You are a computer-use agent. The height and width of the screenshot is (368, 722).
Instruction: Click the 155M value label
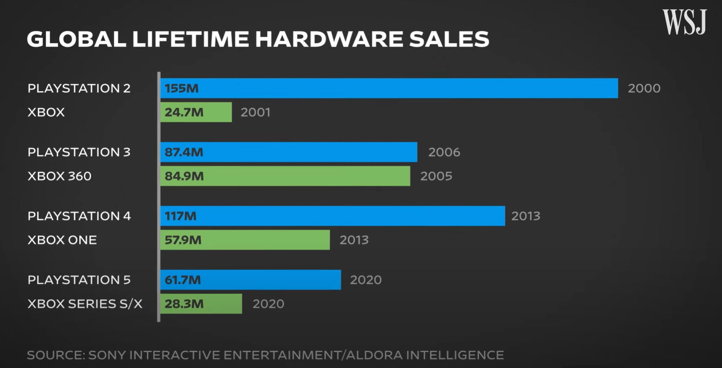pyautogui.click(x=182, y=88)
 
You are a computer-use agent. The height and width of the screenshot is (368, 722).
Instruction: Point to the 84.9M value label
pyautogui.click(x=184, y=176)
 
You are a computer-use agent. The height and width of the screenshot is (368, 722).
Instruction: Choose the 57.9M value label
pyautogui.click(x=183, y=240)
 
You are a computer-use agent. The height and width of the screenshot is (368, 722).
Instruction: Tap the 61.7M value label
pyautogui.click(x=182, y=280)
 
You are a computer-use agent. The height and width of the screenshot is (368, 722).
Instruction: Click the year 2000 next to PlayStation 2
pyautogui.click(x=644, y=88)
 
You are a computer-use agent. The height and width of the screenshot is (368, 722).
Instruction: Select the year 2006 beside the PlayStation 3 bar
pyautogui.click(x=444, y=152)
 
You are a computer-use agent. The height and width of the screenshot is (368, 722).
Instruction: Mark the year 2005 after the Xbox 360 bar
pyautogui.click(x=436, y=176)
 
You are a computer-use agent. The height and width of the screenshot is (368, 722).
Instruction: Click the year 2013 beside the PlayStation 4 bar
pyautogui.click(x=525, y=216)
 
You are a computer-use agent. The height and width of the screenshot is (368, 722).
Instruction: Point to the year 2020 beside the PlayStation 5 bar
pyautogui.click(x=365, y=280)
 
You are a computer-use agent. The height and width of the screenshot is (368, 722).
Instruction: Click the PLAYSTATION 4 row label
pyautogui.click(x=79, y=216)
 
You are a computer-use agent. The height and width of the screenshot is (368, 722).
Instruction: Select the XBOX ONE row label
pyautogui.click(x=62, y=240)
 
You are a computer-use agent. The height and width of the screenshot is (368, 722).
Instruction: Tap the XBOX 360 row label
pyautogui.click(x=60, y=176)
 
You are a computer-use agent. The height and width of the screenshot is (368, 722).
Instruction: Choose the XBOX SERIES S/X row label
pyautogui.click(x=85, y=304)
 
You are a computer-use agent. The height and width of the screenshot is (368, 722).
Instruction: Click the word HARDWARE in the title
pyautogui.click(x=328, y=39)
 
